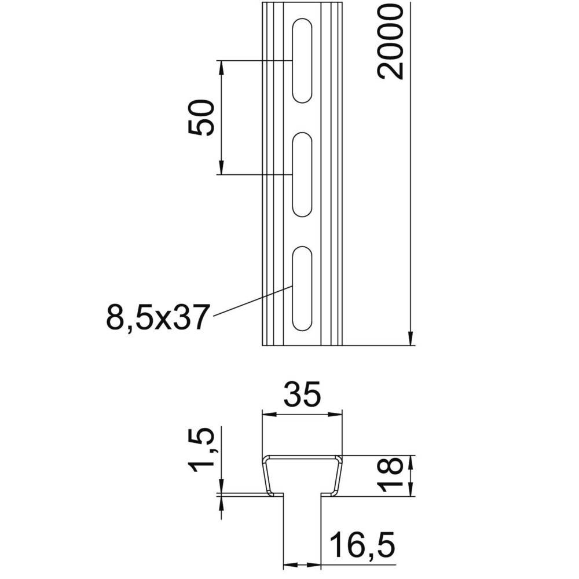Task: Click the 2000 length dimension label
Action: pos(390,41)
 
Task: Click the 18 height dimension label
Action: pos(390,475)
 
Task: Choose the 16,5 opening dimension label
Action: pos(362,545)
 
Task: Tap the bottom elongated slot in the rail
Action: pos(302,288)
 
